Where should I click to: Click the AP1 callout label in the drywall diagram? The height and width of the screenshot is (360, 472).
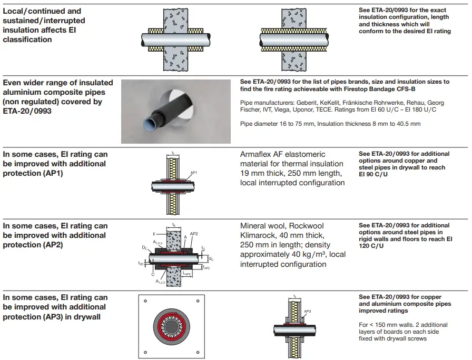194,172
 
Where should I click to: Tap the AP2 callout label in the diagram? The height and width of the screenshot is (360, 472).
193,233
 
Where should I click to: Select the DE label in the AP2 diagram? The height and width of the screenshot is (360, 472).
144,246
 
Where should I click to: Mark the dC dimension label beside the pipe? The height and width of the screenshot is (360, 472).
211,258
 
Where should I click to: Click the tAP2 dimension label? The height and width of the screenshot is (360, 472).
207,268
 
